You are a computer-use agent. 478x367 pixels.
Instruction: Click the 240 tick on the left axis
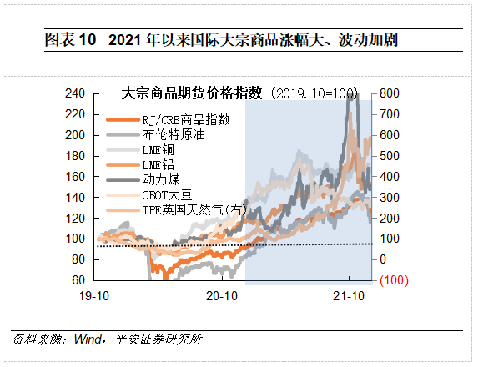click(76, 93)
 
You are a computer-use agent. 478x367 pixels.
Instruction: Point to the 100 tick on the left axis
click(76, 239)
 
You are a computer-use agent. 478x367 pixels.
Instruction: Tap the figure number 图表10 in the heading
click(70, 39)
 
